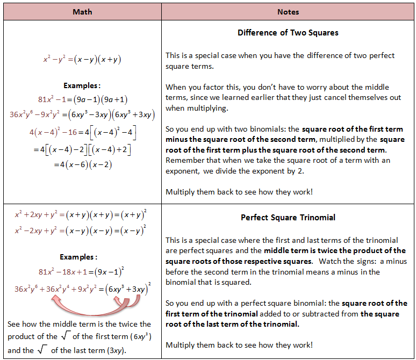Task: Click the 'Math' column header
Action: coord(82,12)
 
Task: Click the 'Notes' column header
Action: coord(288,12)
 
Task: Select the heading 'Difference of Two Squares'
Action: coord(288,33)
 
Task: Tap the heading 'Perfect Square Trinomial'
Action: coord(288,218)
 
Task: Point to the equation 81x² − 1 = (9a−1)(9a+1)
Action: coord(83,99)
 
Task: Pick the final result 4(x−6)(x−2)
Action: coord(83,165)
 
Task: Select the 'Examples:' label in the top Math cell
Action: coord(82,85)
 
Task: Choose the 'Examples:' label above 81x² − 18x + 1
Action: coord(78,257)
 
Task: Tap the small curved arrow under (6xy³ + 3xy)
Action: coord(125,303)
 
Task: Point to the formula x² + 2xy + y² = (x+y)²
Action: coord(81,214)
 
